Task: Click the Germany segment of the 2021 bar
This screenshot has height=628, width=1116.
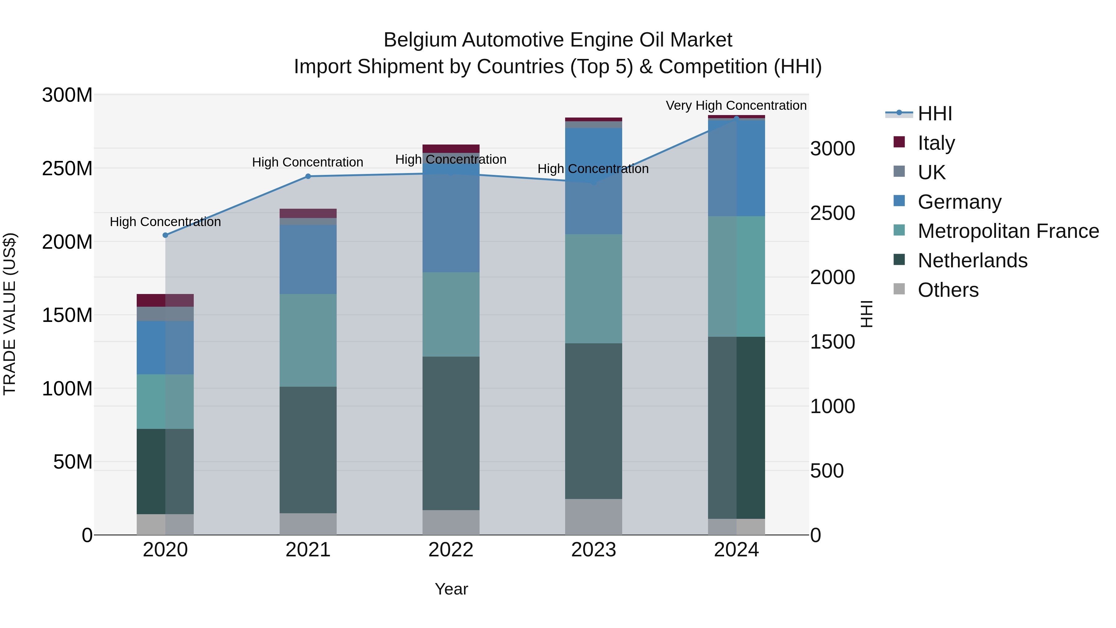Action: (x=308, y=259)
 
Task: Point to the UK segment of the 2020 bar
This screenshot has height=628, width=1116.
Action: (x=165, y=314)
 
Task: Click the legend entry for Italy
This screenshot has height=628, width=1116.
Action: (x=936, y=143)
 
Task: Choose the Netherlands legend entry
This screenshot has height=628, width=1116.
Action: (x=972, y=261)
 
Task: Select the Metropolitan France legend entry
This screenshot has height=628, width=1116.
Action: (x=1008, y=231)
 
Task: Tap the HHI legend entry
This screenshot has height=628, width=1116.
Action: (x=934, y=114)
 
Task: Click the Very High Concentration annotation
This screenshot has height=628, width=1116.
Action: (x=736, y=106)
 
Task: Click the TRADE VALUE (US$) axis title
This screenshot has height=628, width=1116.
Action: (x=10, y=314)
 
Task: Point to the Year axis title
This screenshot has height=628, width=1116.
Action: (x=451, y=589)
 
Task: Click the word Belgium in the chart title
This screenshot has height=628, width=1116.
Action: (x=420, y=40)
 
